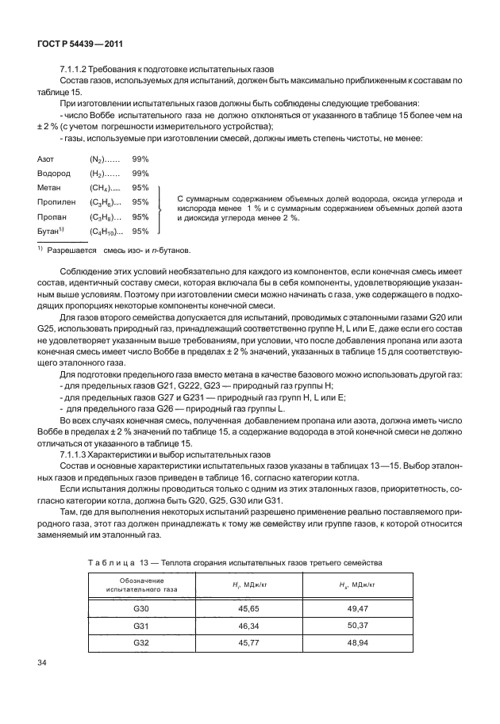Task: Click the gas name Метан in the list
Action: point(49,188)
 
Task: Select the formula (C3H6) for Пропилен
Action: point(106,203)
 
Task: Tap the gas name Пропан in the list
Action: point(51,217)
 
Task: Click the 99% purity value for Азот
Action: point(140,159)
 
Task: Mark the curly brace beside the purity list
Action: point(161,209)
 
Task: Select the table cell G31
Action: point(142,625)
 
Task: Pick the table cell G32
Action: point(142,642)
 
